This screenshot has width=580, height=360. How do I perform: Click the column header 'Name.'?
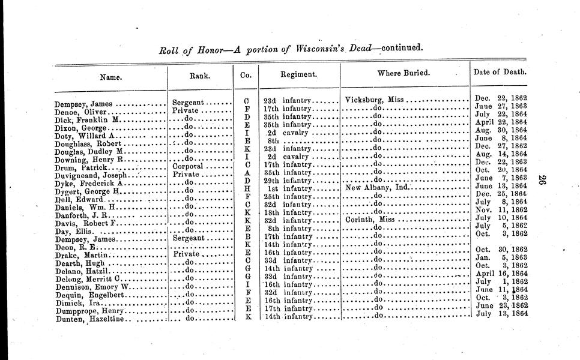pos(110,77)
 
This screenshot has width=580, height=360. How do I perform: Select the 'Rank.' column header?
pos(199,76)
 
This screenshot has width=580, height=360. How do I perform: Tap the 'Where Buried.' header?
pos(403,73)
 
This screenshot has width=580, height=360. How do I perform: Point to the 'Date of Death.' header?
pos(500,72)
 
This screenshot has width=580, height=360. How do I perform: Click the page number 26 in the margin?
pos(542,181)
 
